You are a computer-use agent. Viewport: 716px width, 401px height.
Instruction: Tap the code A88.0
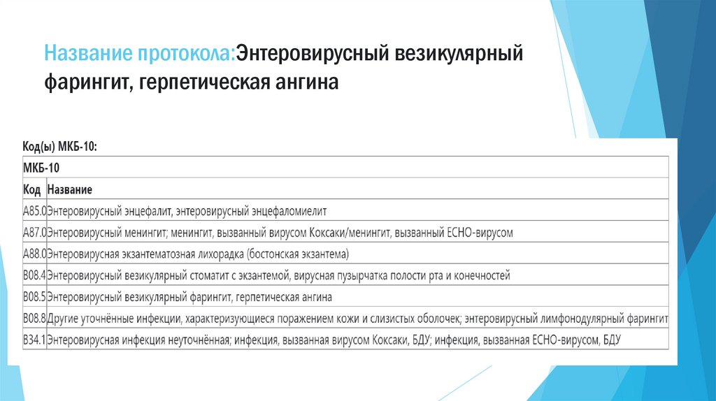[34, 254]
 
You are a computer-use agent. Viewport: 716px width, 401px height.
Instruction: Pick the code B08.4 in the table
[34, 276]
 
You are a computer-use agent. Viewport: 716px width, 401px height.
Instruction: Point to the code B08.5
[34, 298]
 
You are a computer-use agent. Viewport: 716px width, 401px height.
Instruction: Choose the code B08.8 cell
[34, 319]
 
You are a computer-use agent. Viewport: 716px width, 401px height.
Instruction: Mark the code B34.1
[34, 341]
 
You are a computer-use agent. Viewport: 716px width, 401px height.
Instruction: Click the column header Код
[31, 189]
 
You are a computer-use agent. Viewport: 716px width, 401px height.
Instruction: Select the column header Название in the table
[70, 189]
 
